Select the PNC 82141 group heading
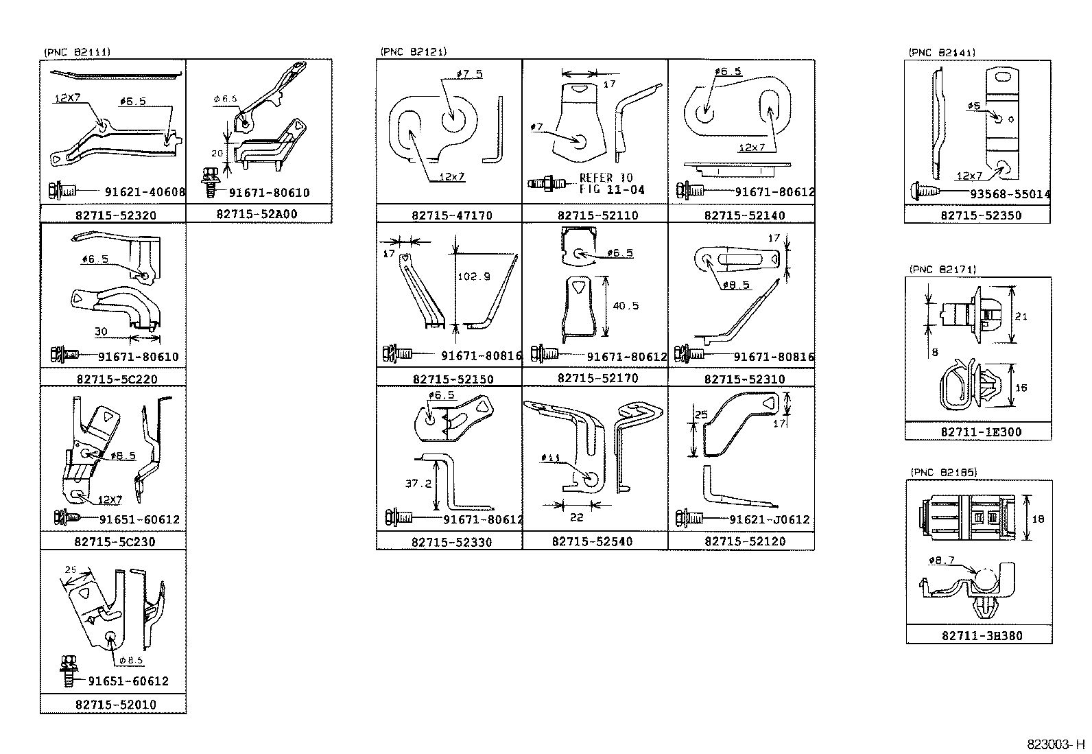[941, 52]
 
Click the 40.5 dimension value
[626, 306]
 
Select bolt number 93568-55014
[1009, 195]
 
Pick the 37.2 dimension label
[418, 484]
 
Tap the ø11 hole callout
[550, 458]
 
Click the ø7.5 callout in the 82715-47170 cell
[468, 74]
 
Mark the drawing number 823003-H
[1057, 744]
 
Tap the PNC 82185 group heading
[943, 472]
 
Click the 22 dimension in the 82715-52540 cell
[577, 517]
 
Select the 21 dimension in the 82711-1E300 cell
[1021, 316]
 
